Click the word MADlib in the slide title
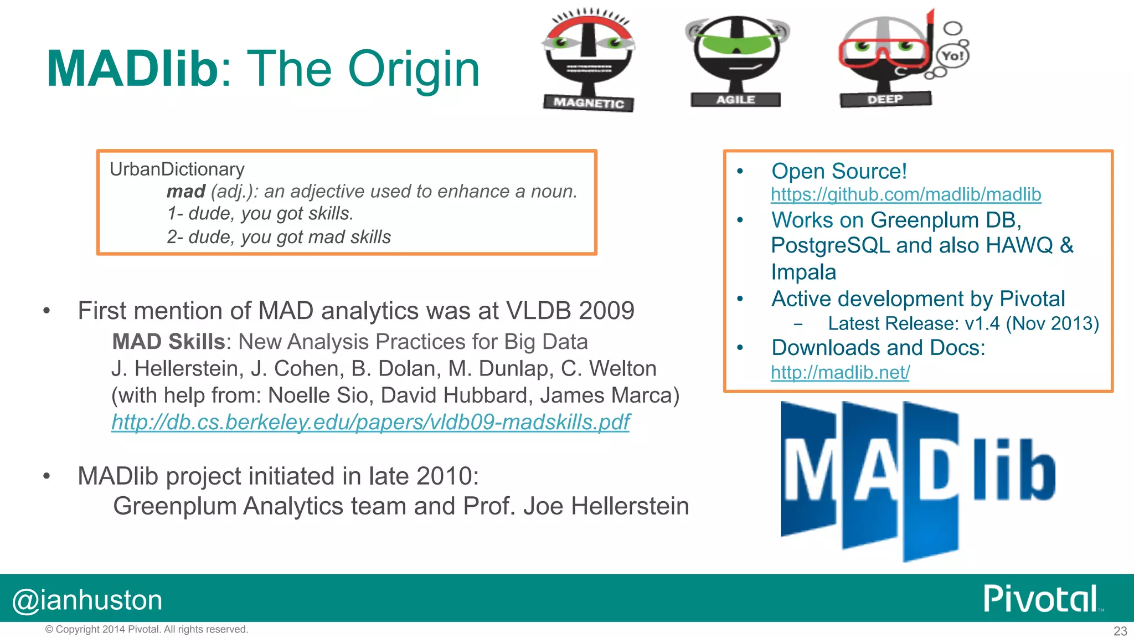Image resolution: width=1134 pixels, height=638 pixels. (133, 69)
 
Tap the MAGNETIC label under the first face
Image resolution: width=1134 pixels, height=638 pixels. (589, 103)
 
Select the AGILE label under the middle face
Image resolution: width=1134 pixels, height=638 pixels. (735, 100)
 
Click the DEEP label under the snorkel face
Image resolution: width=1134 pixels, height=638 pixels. (885, 99)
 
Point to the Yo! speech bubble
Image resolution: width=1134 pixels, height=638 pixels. (952, 55)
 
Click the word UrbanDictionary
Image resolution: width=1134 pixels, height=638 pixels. (177, 169)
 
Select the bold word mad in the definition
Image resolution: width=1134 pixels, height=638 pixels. (185, 192)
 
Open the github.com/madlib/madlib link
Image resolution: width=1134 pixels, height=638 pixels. (905, 194)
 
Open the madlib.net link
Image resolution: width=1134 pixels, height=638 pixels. (839, 372)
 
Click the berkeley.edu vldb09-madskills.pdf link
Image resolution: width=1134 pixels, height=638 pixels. (370, 422)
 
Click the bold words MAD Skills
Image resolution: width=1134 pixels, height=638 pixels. (168, 342)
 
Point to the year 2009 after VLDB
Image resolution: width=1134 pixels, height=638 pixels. (606, 311)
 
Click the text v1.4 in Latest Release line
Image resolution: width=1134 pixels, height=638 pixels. (982, 323)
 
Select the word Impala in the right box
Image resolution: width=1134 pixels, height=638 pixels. (803, 272)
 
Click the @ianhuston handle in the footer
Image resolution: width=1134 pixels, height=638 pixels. (87, 600)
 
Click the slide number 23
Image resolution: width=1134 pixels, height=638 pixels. (1120, 631)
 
